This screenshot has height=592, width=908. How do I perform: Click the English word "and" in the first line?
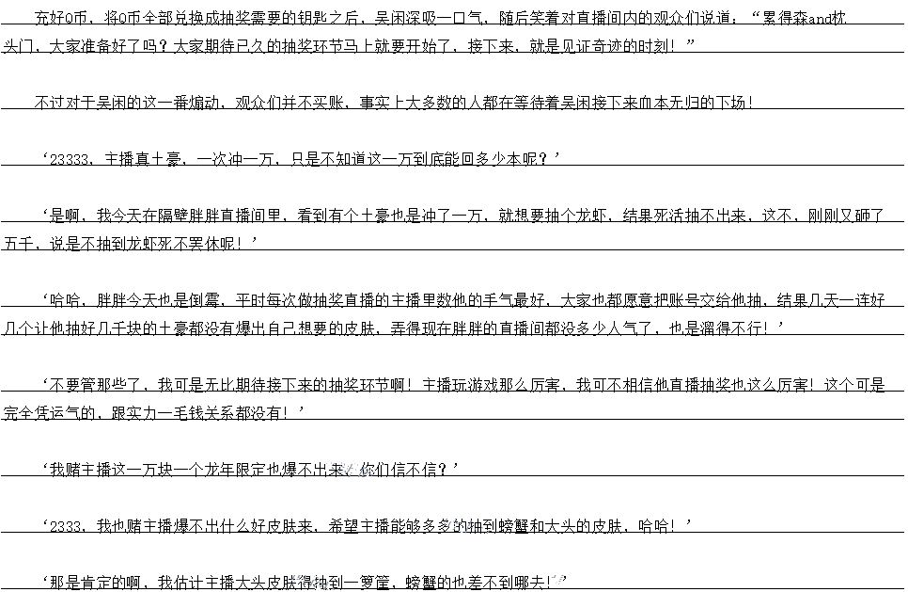tap(844, 19)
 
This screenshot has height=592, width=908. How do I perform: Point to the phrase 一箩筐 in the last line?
tap(363, 582)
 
